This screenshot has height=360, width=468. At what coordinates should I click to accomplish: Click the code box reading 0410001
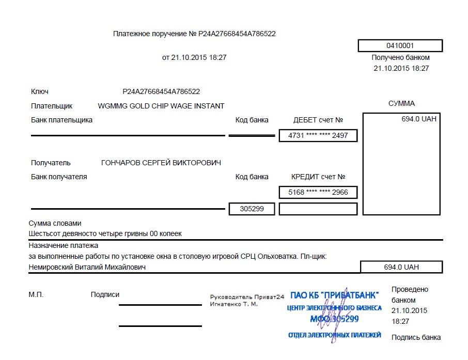(x=400, y=45)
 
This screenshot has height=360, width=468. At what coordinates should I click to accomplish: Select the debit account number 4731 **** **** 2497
(x=318, y=136)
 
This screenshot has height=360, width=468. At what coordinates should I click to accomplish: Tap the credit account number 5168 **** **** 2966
(x=318, y=193)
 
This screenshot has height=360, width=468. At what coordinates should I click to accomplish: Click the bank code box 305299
(x=252, y=209)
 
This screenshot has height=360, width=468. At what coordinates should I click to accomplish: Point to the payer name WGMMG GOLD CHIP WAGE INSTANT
(x=161, y=106)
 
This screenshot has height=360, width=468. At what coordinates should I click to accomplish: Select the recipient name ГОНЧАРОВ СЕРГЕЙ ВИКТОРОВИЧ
(x=161, y=163)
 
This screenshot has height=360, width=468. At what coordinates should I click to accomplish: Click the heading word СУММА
(x=401, y=103)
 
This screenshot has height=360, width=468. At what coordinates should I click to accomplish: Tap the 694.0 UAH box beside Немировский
(x=401, y=267)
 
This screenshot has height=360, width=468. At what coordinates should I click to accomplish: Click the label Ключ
(x=40, y=91)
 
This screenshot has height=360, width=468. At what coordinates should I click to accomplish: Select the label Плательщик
(x=52, y=106)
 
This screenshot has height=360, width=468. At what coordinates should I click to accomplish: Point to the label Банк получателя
(x=59, y=177)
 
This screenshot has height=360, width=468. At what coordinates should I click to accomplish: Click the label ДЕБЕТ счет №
(x=318, y=120)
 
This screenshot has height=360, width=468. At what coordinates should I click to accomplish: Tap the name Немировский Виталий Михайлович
(x=87, y=267)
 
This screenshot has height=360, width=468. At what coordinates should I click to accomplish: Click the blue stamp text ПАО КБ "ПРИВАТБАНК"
(x=334, y=295)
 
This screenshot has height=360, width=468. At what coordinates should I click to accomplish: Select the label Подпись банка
(x=416, y=337)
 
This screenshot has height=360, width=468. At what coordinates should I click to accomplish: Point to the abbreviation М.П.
(x=36, y=294)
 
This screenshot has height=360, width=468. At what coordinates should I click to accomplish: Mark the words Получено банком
(x=400, y=58)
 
